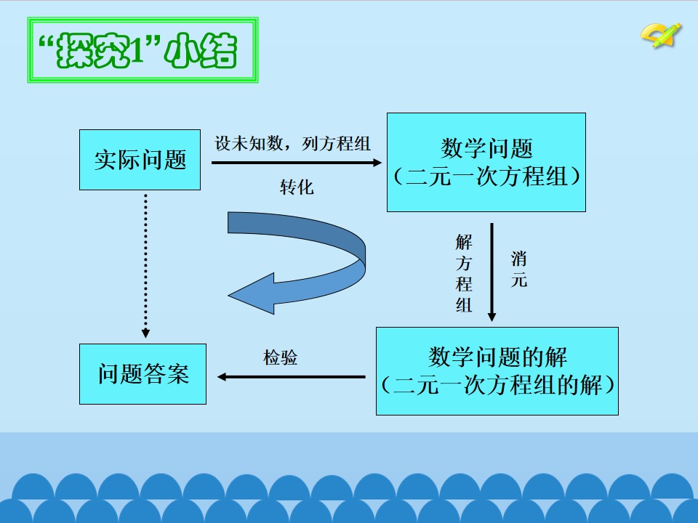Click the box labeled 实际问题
click(140, 160)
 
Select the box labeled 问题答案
click(143, 374)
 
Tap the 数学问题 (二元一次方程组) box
click(486, 162)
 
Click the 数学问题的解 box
click(497, 371)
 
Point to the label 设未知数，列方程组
click(292, 143)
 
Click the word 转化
click(297, 187)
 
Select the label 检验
click(281, 357)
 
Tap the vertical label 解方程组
click(464, 274)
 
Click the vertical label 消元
click(519, 269)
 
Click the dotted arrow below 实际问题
click(145, 266)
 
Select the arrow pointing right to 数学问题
click(297, 163)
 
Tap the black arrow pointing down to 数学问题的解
click(492, 272)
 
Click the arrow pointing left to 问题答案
click(291, 377)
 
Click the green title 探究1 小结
click(143, 50)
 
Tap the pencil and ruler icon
click(661, 35)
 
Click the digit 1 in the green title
click(137, 50)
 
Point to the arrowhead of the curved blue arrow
click(251, 294)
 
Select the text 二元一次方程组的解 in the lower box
click(497, 385)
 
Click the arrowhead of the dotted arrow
click(145, 333)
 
